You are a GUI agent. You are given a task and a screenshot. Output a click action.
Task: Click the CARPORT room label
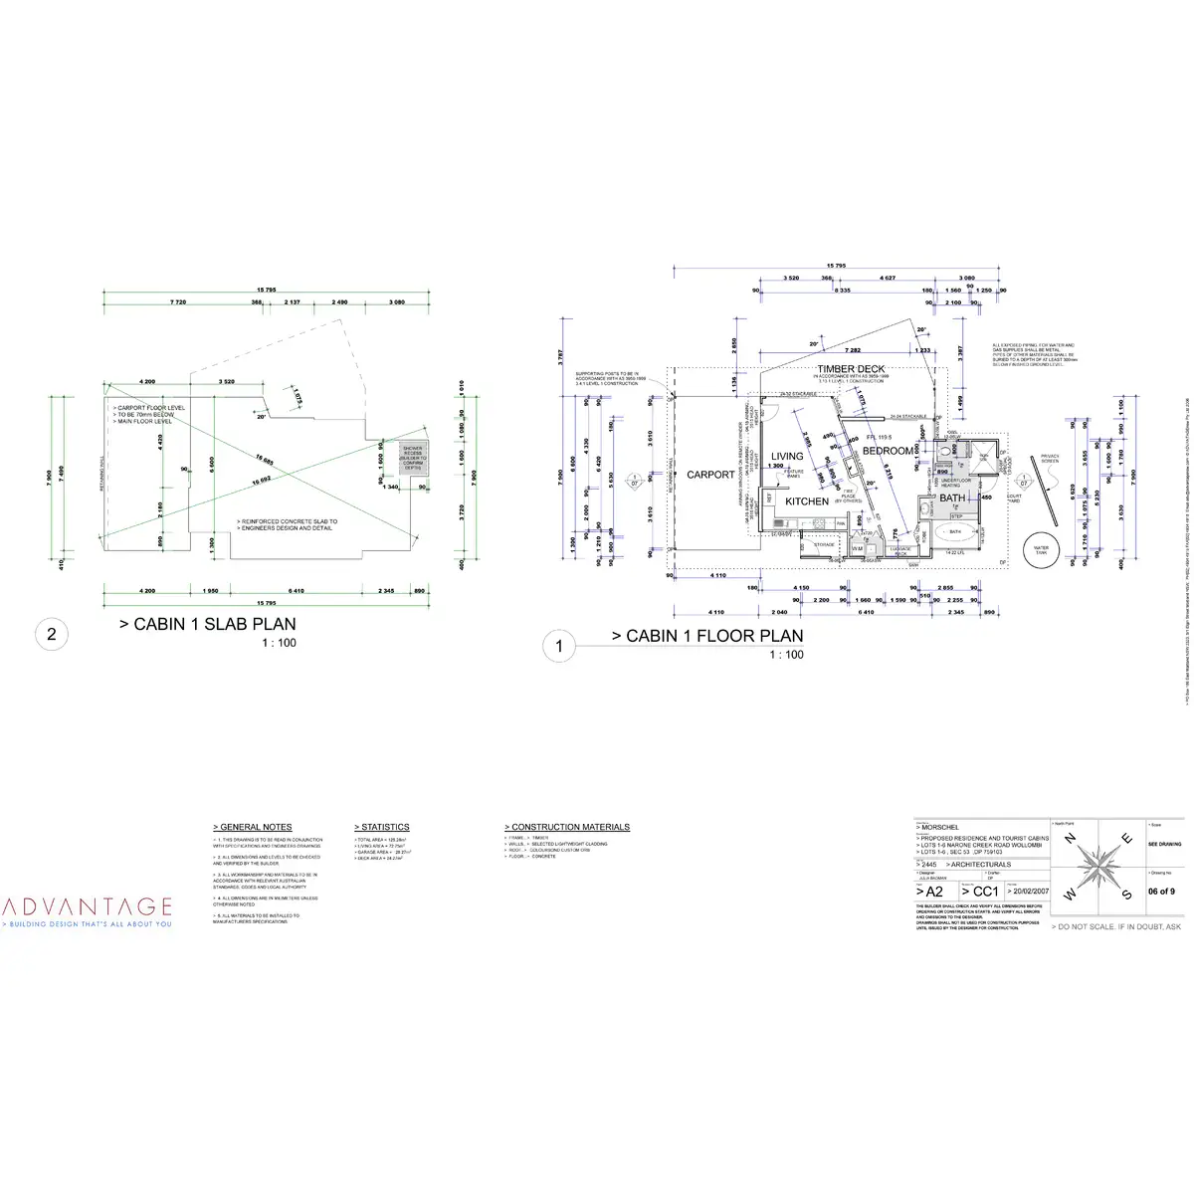pos(710,475)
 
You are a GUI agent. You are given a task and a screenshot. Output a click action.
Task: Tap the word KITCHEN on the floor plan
pos(807,501)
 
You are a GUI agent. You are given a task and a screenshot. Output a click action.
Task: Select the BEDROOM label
pos(887,451)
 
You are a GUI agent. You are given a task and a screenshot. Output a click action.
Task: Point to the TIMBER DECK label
pos(851,369)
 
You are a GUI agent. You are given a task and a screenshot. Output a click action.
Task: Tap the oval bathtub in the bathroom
pos(954,532)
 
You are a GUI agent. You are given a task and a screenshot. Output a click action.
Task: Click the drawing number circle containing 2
pos(52,635)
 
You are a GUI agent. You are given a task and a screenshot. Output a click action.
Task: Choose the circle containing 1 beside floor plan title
pos(559,647)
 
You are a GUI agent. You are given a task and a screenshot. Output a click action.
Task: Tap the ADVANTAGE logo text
pos(88,906)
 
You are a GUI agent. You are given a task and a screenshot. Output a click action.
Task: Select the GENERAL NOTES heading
pos(253,827)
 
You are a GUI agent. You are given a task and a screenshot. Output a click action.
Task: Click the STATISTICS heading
pos(382,827)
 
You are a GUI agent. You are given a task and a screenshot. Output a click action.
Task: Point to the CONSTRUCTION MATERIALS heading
pos(567,827)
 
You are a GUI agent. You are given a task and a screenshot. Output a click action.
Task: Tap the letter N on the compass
pos(1070,841)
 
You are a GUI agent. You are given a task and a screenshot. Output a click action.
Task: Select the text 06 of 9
pos(1161,892)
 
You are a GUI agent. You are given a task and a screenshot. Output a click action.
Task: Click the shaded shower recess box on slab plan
pos(412,459)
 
